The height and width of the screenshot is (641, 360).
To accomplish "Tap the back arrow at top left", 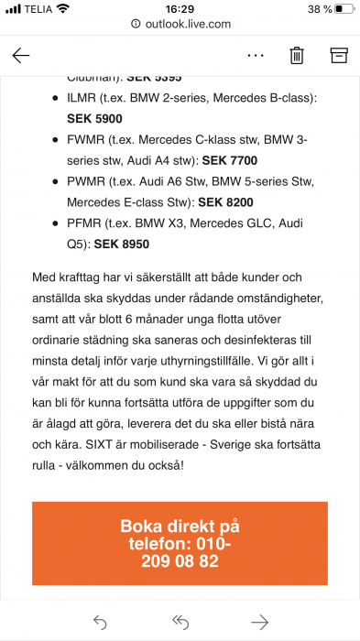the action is pos(21,55).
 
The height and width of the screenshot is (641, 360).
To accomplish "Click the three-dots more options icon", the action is pos(255,55).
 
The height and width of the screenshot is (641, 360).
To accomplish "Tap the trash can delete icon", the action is pos(297,55).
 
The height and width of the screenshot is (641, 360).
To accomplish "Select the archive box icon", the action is pos(339,55).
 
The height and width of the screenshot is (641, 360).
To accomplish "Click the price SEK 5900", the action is pos(94,118).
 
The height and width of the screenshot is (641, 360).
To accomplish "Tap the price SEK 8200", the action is pos(224,202).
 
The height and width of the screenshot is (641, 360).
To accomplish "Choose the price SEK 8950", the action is pos(121,244).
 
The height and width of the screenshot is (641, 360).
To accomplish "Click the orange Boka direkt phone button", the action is pos(180,543).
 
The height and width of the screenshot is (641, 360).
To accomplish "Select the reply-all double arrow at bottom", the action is pos(180,623).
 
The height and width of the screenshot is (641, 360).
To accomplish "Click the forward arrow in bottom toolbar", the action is pos(260,623).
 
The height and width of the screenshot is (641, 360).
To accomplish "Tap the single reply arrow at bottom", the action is pos(100,623).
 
